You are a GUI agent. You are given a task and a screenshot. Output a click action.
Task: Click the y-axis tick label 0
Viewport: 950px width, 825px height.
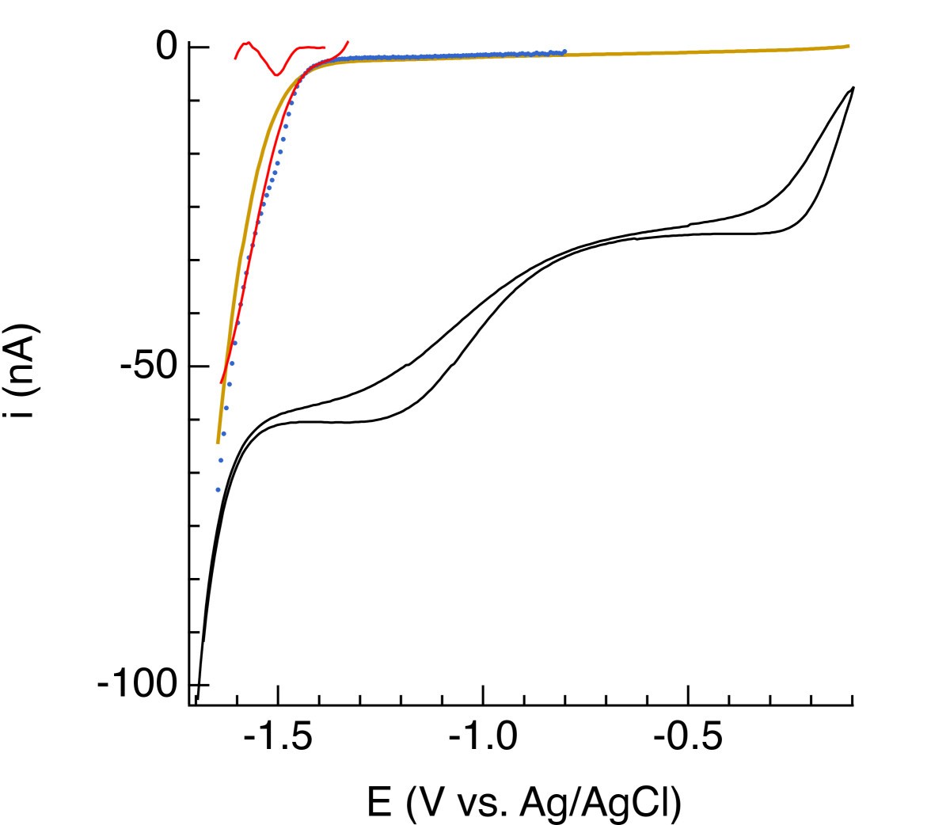(167, 48)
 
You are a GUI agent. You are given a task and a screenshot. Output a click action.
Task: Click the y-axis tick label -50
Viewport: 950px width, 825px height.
(148, 367)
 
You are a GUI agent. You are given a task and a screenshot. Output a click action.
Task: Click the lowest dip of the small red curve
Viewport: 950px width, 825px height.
(275, 75)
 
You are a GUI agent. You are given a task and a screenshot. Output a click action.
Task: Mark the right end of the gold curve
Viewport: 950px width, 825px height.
(849, 46)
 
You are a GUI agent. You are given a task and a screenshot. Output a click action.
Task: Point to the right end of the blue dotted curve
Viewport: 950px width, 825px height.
(564, 51)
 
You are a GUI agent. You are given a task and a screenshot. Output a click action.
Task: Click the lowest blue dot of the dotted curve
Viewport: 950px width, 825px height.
(218, 490)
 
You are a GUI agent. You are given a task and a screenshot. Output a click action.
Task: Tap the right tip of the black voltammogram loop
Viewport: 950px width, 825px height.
(853, 87)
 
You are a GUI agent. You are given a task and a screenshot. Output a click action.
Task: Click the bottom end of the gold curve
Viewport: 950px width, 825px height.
(218, 443)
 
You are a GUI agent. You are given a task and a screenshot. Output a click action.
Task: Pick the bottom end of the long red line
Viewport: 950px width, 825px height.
(221, 383)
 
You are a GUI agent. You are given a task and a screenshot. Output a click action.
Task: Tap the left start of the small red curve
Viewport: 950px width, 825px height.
(235, 59)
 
